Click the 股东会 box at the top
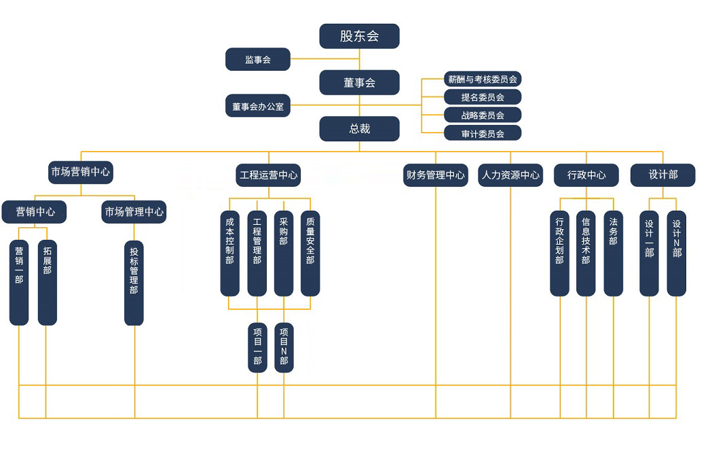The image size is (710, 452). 359,36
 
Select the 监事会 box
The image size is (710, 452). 258,60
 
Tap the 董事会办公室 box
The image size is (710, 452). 258,106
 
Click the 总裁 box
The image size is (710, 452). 359,128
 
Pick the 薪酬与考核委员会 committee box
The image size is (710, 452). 482,80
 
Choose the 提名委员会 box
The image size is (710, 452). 482,97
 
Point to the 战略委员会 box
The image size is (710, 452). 482,115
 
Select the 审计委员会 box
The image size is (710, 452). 482,133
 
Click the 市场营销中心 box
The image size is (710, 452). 81,172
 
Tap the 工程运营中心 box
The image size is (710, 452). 268,175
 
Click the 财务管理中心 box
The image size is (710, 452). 435,175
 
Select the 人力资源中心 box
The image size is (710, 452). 510,175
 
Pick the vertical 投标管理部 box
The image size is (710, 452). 134,282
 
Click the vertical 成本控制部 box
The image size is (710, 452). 229,253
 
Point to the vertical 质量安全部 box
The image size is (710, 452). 310,253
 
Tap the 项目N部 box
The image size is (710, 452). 284,347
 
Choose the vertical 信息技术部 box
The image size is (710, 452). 586,253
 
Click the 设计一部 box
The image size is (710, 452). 649,253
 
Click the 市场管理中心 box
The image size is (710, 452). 134,212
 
